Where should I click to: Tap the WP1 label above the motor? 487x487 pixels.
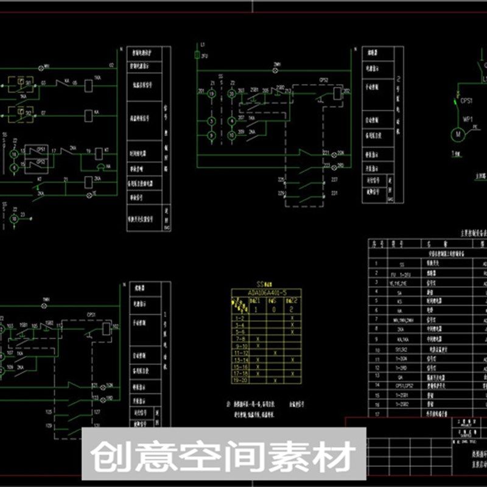[468, 119]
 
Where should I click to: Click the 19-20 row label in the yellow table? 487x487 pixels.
[241, 380]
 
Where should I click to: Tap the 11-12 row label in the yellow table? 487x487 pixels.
[241, 353]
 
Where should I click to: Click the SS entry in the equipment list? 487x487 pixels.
[401, 265]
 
